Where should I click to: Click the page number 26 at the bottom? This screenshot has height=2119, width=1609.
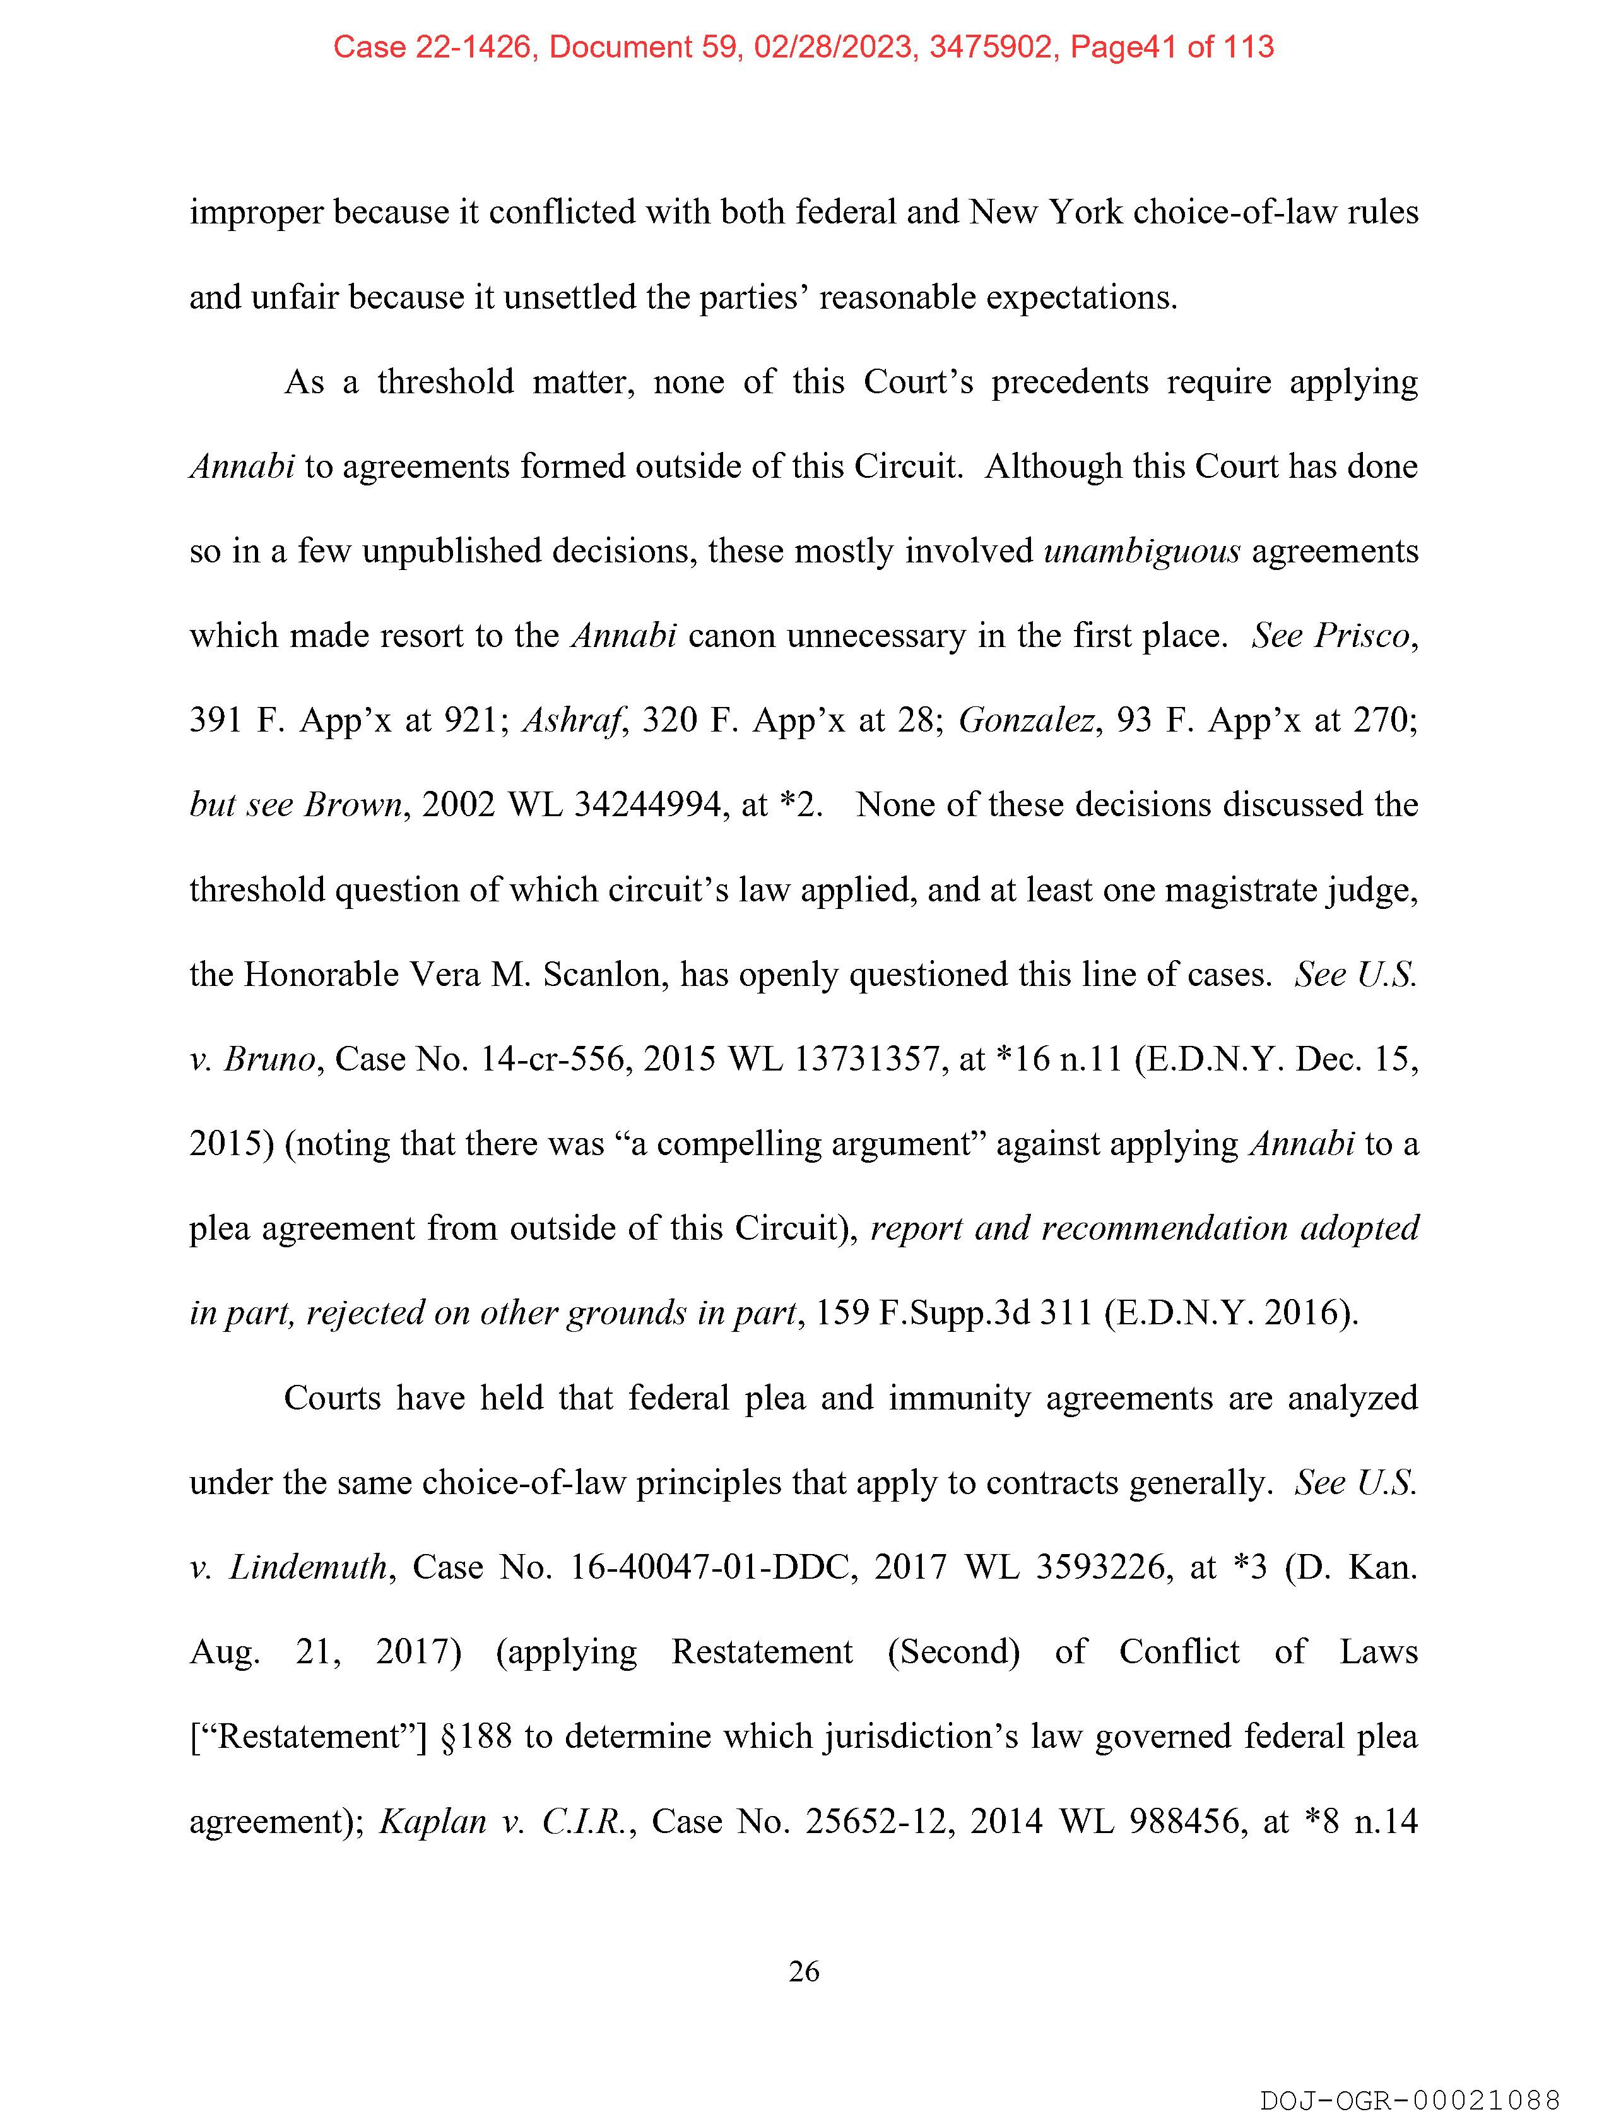803,1971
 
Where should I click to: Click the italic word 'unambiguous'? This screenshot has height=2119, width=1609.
1141,552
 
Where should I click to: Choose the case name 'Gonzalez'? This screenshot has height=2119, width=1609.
1026,720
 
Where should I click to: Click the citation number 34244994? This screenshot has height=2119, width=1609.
647,805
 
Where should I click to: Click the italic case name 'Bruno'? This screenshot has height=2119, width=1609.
269,1059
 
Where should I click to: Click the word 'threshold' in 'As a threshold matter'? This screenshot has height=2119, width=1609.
445,383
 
